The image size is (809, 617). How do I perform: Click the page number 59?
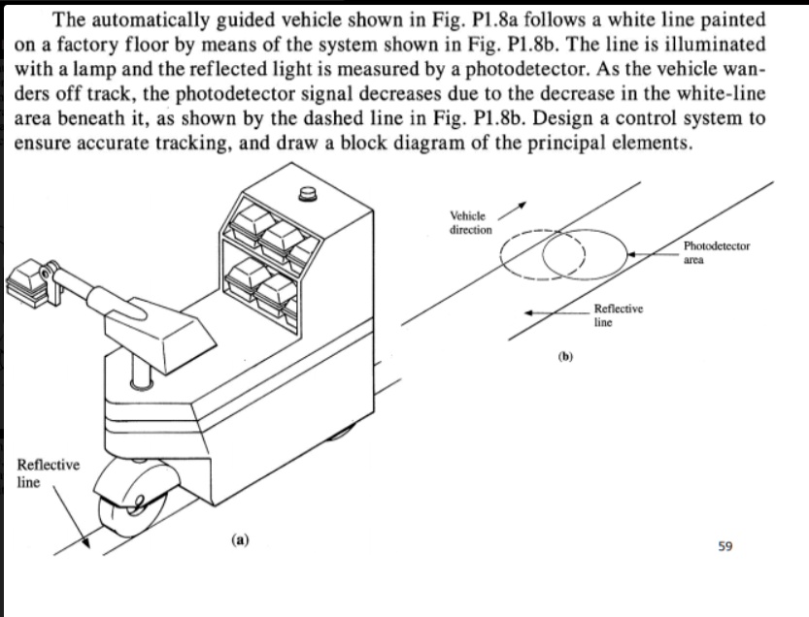725,547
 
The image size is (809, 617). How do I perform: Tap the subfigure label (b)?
566,357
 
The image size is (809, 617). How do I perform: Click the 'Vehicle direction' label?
470,222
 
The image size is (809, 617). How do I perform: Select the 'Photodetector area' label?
717,253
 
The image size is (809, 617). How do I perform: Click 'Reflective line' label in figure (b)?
617,314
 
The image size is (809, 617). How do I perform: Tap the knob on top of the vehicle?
310,195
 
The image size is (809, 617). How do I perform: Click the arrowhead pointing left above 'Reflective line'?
531,313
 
